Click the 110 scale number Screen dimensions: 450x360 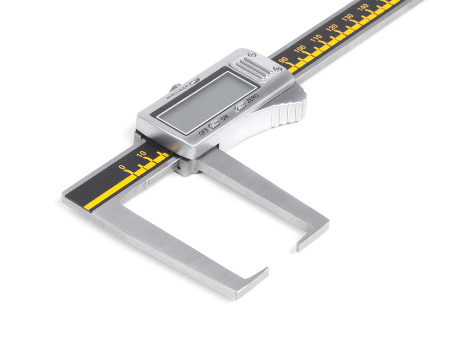(x=316, y=38)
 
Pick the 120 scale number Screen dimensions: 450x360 (x=332, y=28)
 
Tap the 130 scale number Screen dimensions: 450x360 (x=348, y=17)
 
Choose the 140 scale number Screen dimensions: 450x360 (x=363, y=7)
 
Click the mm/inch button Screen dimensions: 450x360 (x=194, y=81)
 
